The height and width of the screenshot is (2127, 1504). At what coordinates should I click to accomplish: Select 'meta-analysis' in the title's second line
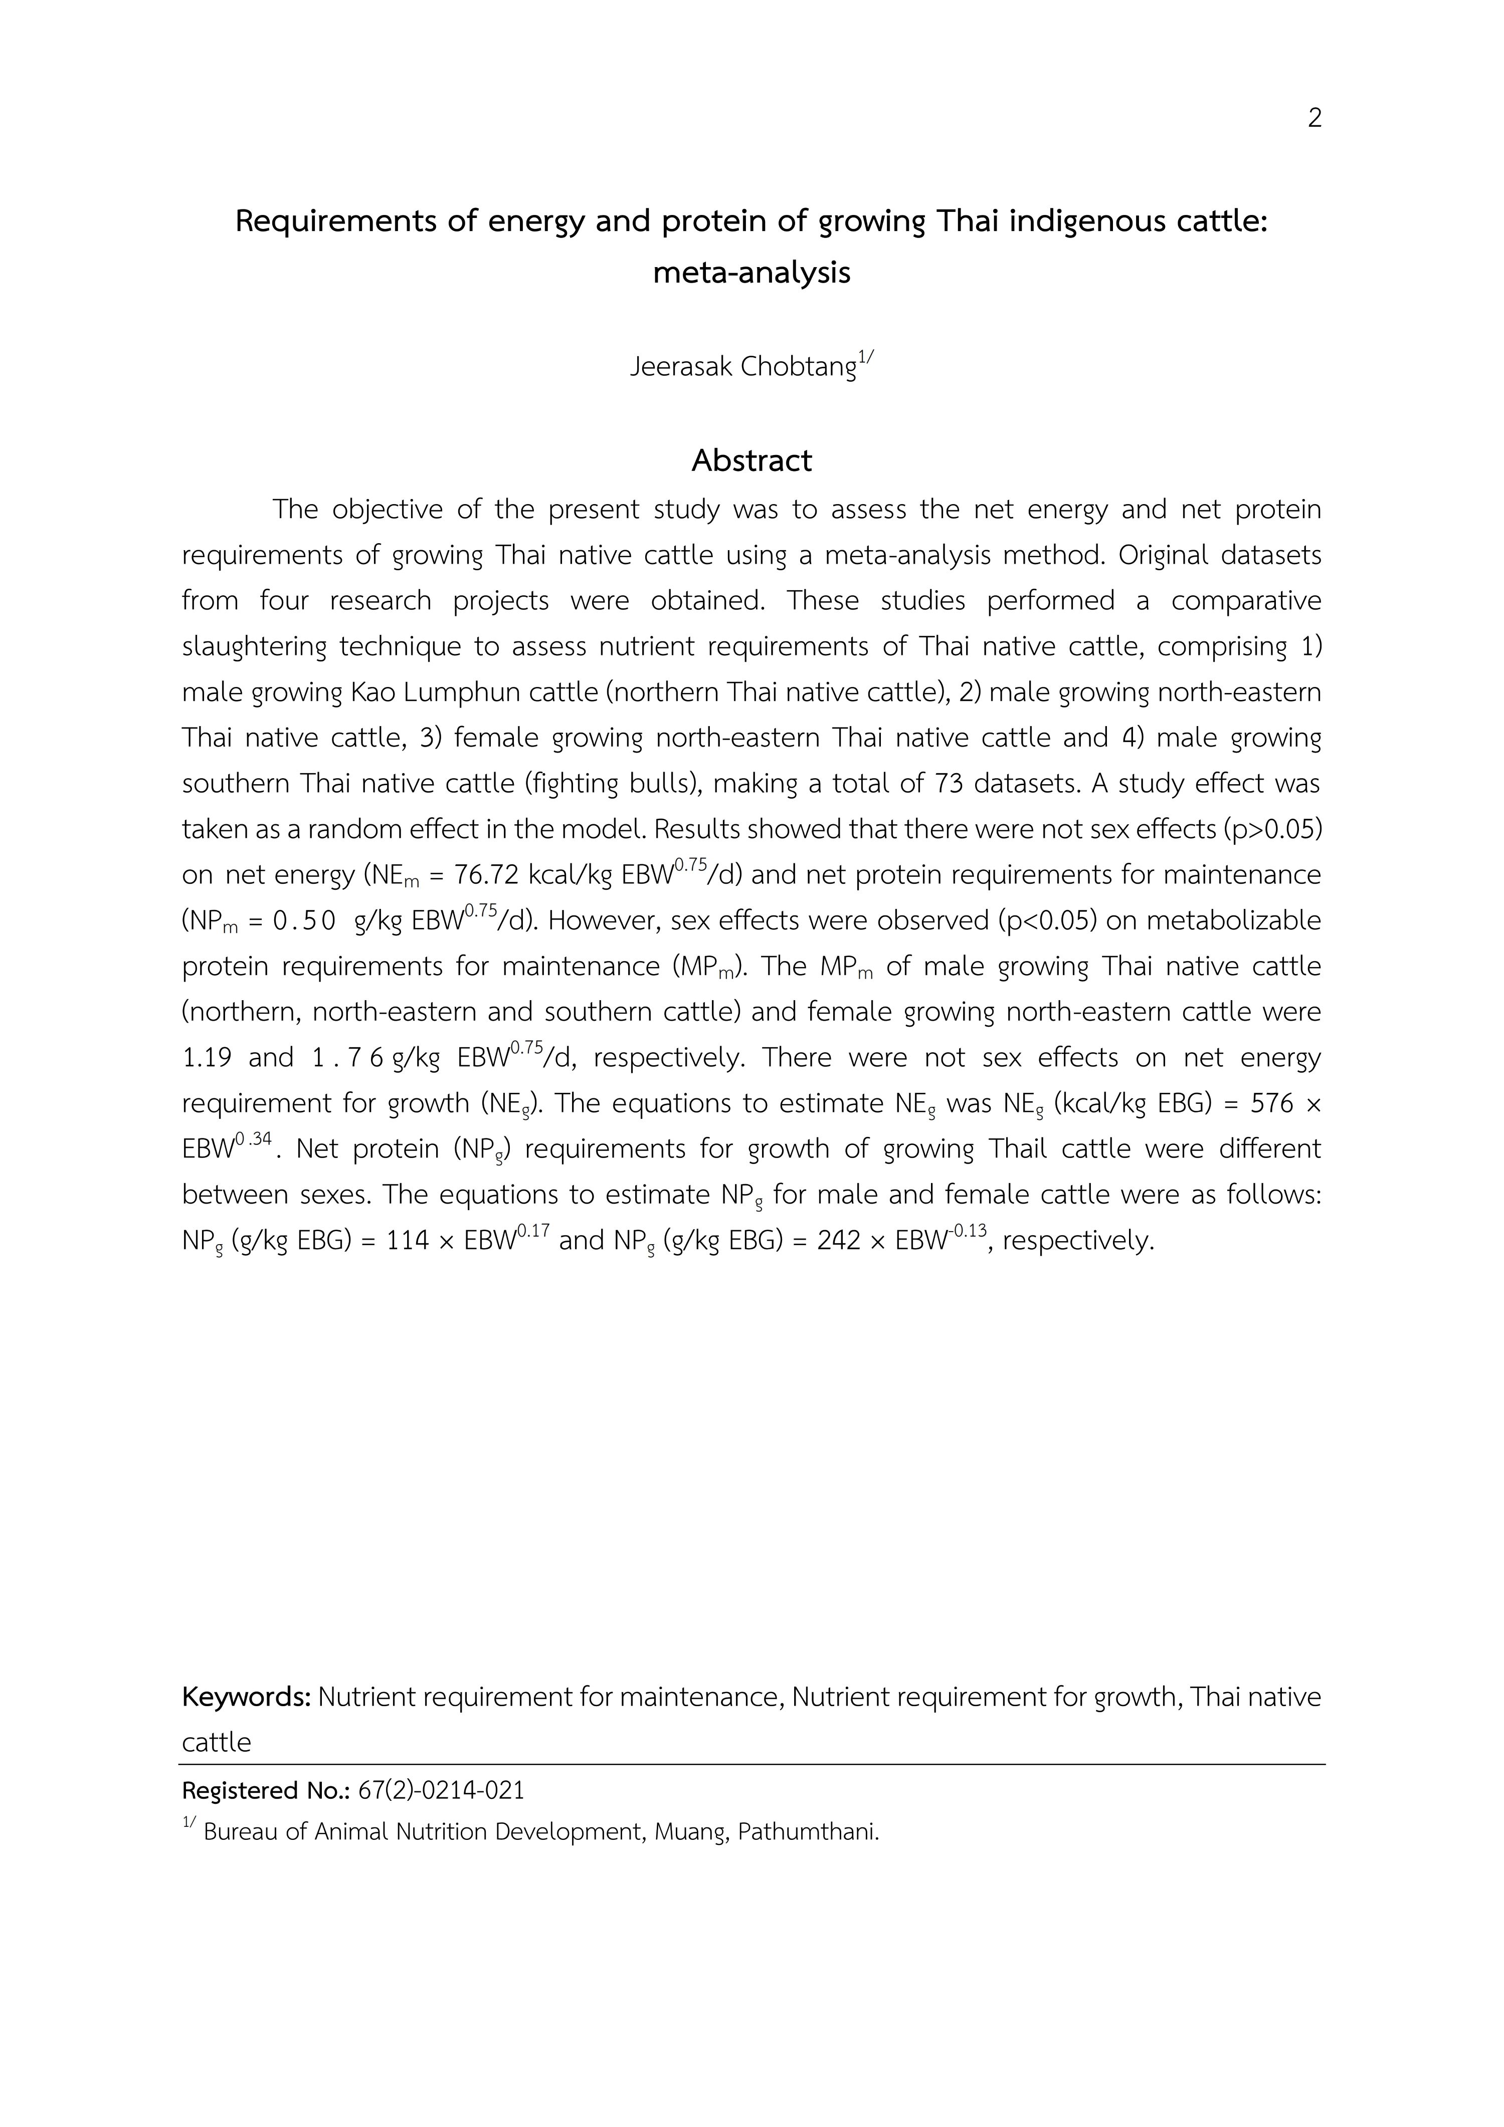(751, 273)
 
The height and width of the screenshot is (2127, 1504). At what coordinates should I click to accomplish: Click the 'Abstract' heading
(751, 460)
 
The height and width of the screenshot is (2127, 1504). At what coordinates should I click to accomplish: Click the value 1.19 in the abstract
(205, 1058)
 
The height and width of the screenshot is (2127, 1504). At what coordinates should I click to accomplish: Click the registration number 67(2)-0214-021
(441, 1791)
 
